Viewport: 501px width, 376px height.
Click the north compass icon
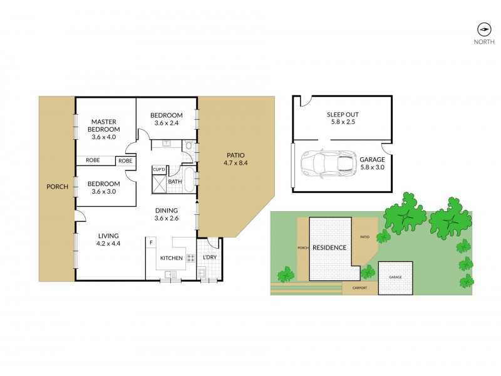click(483, 29)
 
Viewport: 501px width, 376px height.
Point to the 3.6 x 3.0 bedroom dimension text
click(105, 192)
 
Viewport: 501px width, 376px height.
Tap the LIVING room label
click(109, 236)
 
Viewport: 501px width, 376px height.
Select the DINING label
click(167, 211)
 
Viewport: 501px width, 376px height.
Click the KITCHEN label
click(171, 258)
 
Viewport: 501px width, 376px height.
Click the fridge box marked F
click(151, 241)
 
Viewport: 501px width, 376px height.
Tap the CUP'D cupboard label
click(158, 169)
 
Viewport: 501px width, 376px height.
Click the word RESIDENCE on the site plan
click(329, 248)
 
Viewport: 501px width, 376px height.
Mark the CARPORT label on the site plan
click(359, 288)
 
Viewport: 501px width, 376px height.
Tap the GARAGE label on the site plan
click(395, 276)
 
